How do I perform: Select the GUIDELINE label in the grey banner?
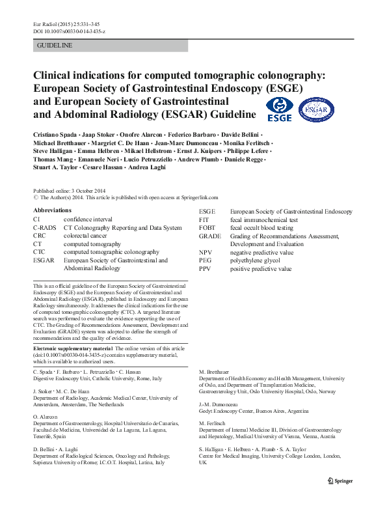(x=55, y=46)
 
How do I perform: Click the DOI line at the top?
(x=69, y=32)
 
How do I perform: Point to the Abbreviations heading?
(x=52, y=211)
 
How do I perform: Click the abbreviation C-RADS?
(x=44, y=228)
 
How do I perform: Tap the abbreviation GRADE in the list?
(x=210, y=236)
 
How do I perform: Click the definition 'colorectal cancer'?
(x=87, y=236)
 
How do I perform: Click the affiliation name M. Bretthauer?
(x=214, y=371)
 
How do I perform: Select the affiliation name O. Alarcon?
(x=46, y=417)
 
